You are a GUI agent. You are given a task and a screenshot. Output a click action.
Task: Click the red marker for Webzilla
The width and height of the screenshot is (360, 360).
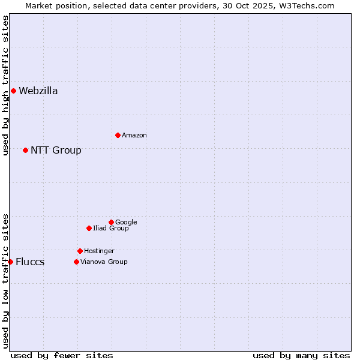click(13, 91)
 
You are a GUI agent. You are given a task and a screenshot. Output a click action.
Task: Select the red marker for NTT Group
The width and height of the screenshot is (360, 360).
click(25, 150)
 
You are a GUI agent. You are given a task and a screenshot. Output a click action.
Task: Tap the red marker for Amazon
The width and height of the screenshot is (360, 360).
click(118, 135)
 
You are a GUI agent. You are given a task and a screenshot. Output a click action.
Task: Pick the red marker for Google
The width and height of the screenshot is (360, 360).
click(111, 222)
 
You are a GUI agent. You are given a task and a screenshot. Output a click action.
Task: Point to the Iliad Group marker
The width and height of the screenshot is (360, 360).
click(89, 228)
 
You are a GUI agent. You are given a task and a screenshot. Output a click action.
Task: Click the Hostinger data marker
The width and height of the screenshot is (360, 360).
click(80, 251)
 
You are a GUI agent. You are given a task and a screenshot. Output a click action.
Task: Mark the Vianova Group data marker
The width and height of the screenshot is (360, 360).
click(76, 262)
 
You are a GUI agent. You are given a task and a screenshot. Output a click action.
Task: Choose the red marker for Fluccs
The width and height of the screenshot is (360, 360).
click(10, 262)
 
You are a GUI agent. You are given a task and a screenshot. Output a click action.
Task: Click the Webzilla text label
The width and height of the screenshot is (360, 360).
click(38, 91)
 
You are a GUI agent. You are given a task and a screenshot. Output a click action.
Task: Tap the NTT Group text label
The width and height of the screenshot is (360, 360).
click(56, 150)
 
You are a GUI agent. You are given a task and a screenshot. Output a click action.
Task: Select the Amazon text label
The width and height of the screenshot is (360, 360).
click(134, 136)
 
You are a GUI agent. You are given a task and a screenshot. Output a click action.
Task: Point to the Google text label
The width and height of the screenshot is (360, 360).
click(126, 222)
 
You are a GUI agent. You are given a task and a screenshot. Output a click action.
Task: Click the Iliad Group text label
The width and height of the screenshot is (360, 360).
click(111, 228)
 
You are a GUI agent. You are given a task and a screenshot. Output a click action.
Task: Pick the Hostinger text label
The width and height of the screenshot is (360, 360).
click(99, 251)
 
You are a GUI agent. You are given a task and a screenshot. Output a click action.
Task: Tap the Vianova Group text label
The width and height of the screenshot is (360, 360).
click(104, 262)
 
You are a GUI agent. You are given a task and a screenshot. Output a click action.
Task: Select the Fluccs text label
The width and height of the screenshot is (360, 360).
click(30, 262)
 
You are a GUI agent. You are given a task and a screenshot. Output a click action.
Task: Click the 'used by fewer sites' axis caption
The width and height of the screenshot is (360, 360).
click(62, 355)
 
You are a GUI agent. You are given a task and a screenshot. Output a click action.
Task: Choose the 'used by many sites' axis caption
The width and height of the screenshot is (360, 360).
click(301, 355)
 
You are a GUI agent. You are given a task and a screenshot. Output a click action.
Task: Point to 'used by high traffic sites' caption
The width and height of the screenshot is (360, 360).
click(5, 85)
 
